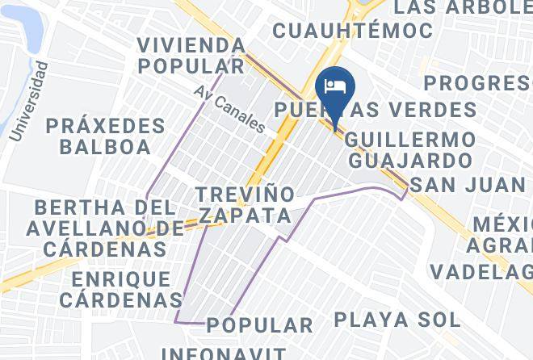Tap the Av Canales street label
click(229, 109)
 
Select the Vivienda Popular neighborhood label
click(191, 55)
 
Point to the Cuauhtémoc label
click(353, 31)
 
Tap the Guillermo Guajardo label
click(409, 149)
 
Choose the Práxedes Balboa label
click(105, 136)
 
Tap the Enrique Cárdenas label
click(121, 289)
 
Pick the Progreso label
click(477, 83)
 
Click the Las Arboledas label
click(464, 8)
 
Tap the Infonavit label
click(224, 353)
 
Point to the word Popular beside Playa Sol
click(259, 325)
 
